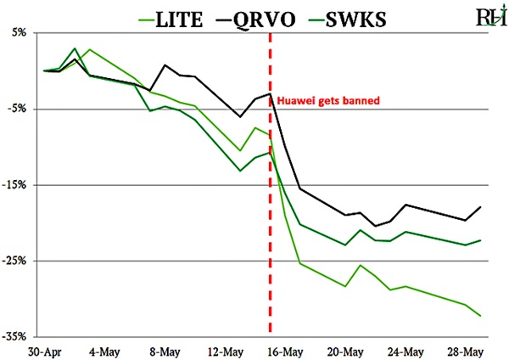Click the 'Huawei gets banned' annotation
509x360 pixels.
pyautogui.click(x=327, y=99)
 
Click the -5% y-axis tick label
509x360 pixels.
pyautogui.click(x=17, y=109)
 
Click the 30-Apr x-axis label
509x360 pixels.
pyautogui.click(x=43, y=350)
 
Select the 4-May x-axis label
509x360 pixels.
pyautogui.click(x=103, y=350)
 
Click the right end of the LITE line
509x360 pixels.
pyautogui.click(x=481, y=316)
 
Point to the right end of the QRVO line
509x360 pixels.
pyautogui.click(x=481, y=206)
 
